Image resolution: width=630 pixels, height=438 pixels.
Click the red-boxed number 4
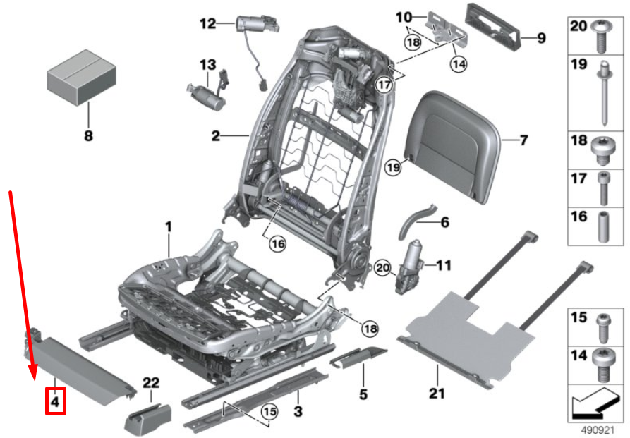click(56, 401)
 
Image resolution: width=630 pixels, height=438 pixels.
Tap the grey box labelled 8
click(82, 77)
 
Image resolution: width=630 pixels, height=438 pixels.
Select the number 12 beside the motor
click(208, 24)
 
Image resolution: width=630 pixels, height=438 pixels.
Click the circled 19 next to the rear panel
click(393, 166)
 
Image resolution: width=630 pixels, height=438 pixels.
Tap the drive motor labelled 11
click(409, 267)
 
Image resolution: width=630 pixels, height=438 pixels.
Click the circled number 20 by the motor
click(382, 267)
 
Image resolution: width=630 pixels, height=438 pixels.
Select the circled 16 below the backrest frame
click(278, 243)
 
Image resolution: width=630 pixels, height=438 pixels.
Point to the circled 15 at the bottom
click(269, 411)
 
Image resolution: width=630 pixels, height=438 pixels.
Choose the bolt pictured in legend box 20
click(602, 36)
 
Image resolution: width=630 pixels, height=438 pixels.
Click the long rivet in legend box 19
click(605, 94)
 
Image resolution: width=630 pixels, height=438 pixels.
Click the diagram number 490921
click(598, 430)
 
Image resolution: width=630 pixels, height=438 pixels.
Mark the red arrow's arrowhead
click(32, 372)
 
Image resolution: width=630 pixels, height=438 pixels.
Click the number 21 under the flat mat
click(437, 393)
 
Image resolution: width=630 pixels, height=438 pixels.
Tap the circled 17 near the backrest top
click(384, 85)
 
